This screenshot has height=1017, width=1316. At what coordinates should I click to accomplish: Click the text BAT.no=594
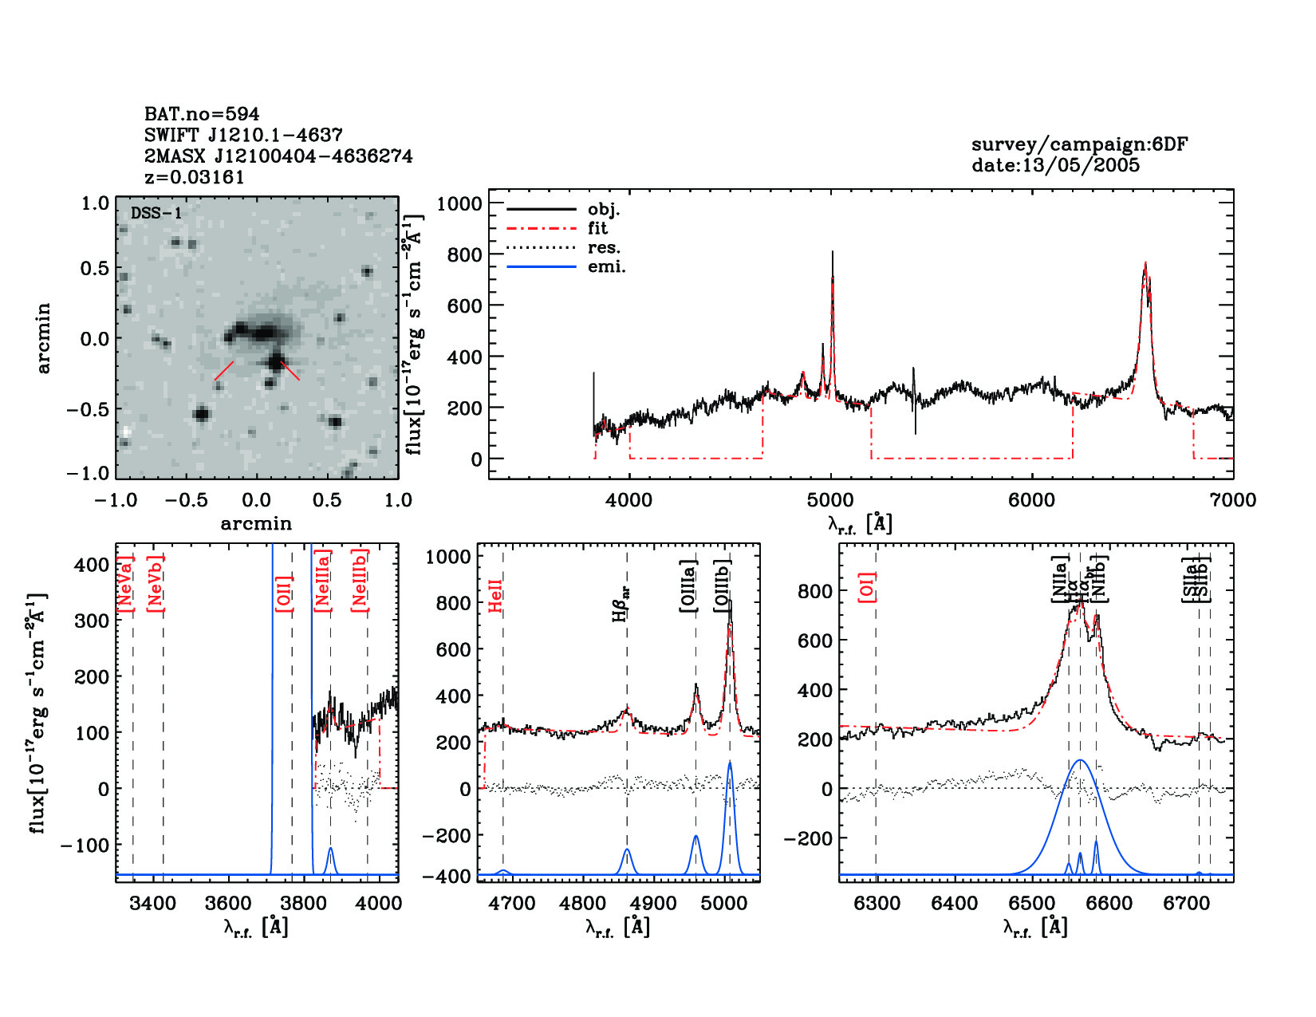coord(202,114)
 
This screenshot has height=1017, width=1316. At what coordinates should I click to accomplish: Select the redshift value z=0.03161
coord(195,177)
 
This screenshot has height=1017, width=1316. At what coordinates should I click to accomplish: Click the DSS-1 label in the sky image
coord(156,213)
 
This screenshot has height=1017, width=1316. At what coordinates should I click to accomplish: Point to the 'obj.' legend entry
coord(603,210)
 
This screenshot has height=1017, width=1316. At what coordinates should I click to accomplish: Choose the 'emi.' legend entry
coord(606,267)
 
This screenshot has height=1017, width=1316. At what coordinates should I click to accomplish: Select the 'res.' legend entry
coord(604,248)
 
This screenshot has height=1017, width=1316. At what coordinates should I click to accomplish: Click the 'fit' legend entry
coord(597,229)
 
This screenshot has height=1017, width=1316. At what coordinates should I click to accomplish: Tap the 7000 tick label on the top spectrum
coord(1233,500)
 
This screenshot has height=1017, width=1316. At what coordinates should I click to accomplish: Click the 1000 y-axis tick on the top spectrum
coord(459,203)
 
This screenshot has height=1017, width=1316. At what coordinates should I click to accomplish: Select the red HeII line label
coord(496,596)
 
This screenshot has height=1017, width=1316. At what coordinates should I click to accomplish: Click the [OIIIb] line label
coord(723,586)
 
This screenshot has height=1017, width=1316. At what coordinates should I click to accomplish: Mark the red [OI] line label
coord(868,586)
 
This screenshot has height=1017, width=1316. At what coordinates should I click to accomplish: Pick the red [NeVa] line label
coord(125,584)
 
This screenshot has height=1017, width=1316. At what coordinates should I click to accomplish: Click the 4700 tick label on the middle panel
coord(512,904)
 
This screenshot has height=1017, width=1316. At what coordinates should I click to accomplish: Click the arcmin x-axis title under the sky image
coord(256,524)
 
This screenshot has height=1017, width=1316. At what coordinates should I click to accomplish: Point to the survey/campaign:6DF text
coord(1079,144)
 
